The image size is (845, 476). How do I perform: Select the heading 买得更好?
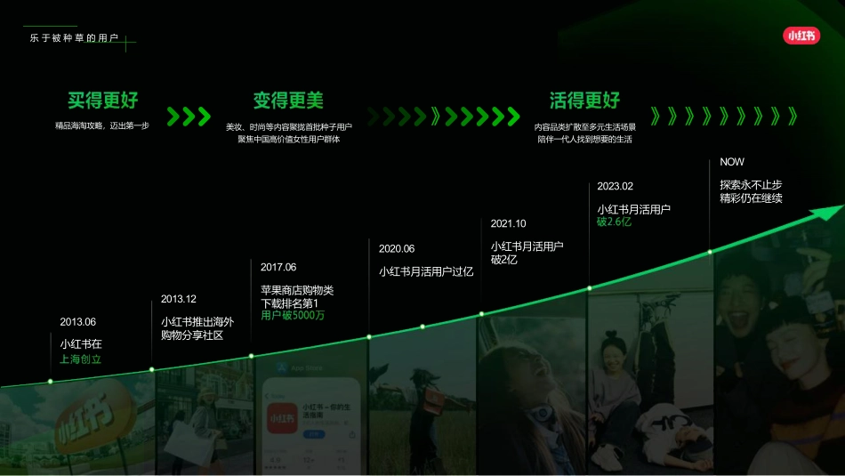103,100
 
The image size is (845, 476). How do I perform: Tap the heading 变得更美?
288,100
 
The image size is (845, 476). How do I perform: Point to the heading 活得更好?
584,100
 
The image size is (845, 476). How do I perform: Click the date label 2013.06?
77,321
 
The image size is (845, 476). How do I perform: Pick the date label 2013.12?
179,299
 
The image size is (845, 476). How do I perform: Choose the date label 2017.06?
278,267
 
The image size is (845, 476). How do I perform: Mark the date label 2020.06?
397,248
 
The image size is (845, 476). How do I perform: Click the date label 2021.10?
509,223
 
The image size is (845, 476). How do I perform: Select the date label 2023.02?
616,186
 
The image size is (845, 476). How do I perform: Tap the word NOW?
732,162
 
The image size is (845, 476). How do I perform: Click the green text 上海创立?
81,359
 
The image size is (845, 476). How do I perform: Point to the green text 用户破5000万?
293,316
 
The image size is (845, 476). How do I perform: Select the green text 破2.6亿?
614,222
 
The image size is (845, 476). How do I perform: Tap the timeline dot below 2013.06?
51,381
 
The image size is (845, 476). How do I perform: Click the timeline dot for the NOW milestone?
710,252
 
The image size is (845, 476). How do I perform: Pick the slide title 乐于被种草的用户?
74,38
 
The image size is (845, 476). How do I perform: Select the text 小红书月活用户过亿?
426,271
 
